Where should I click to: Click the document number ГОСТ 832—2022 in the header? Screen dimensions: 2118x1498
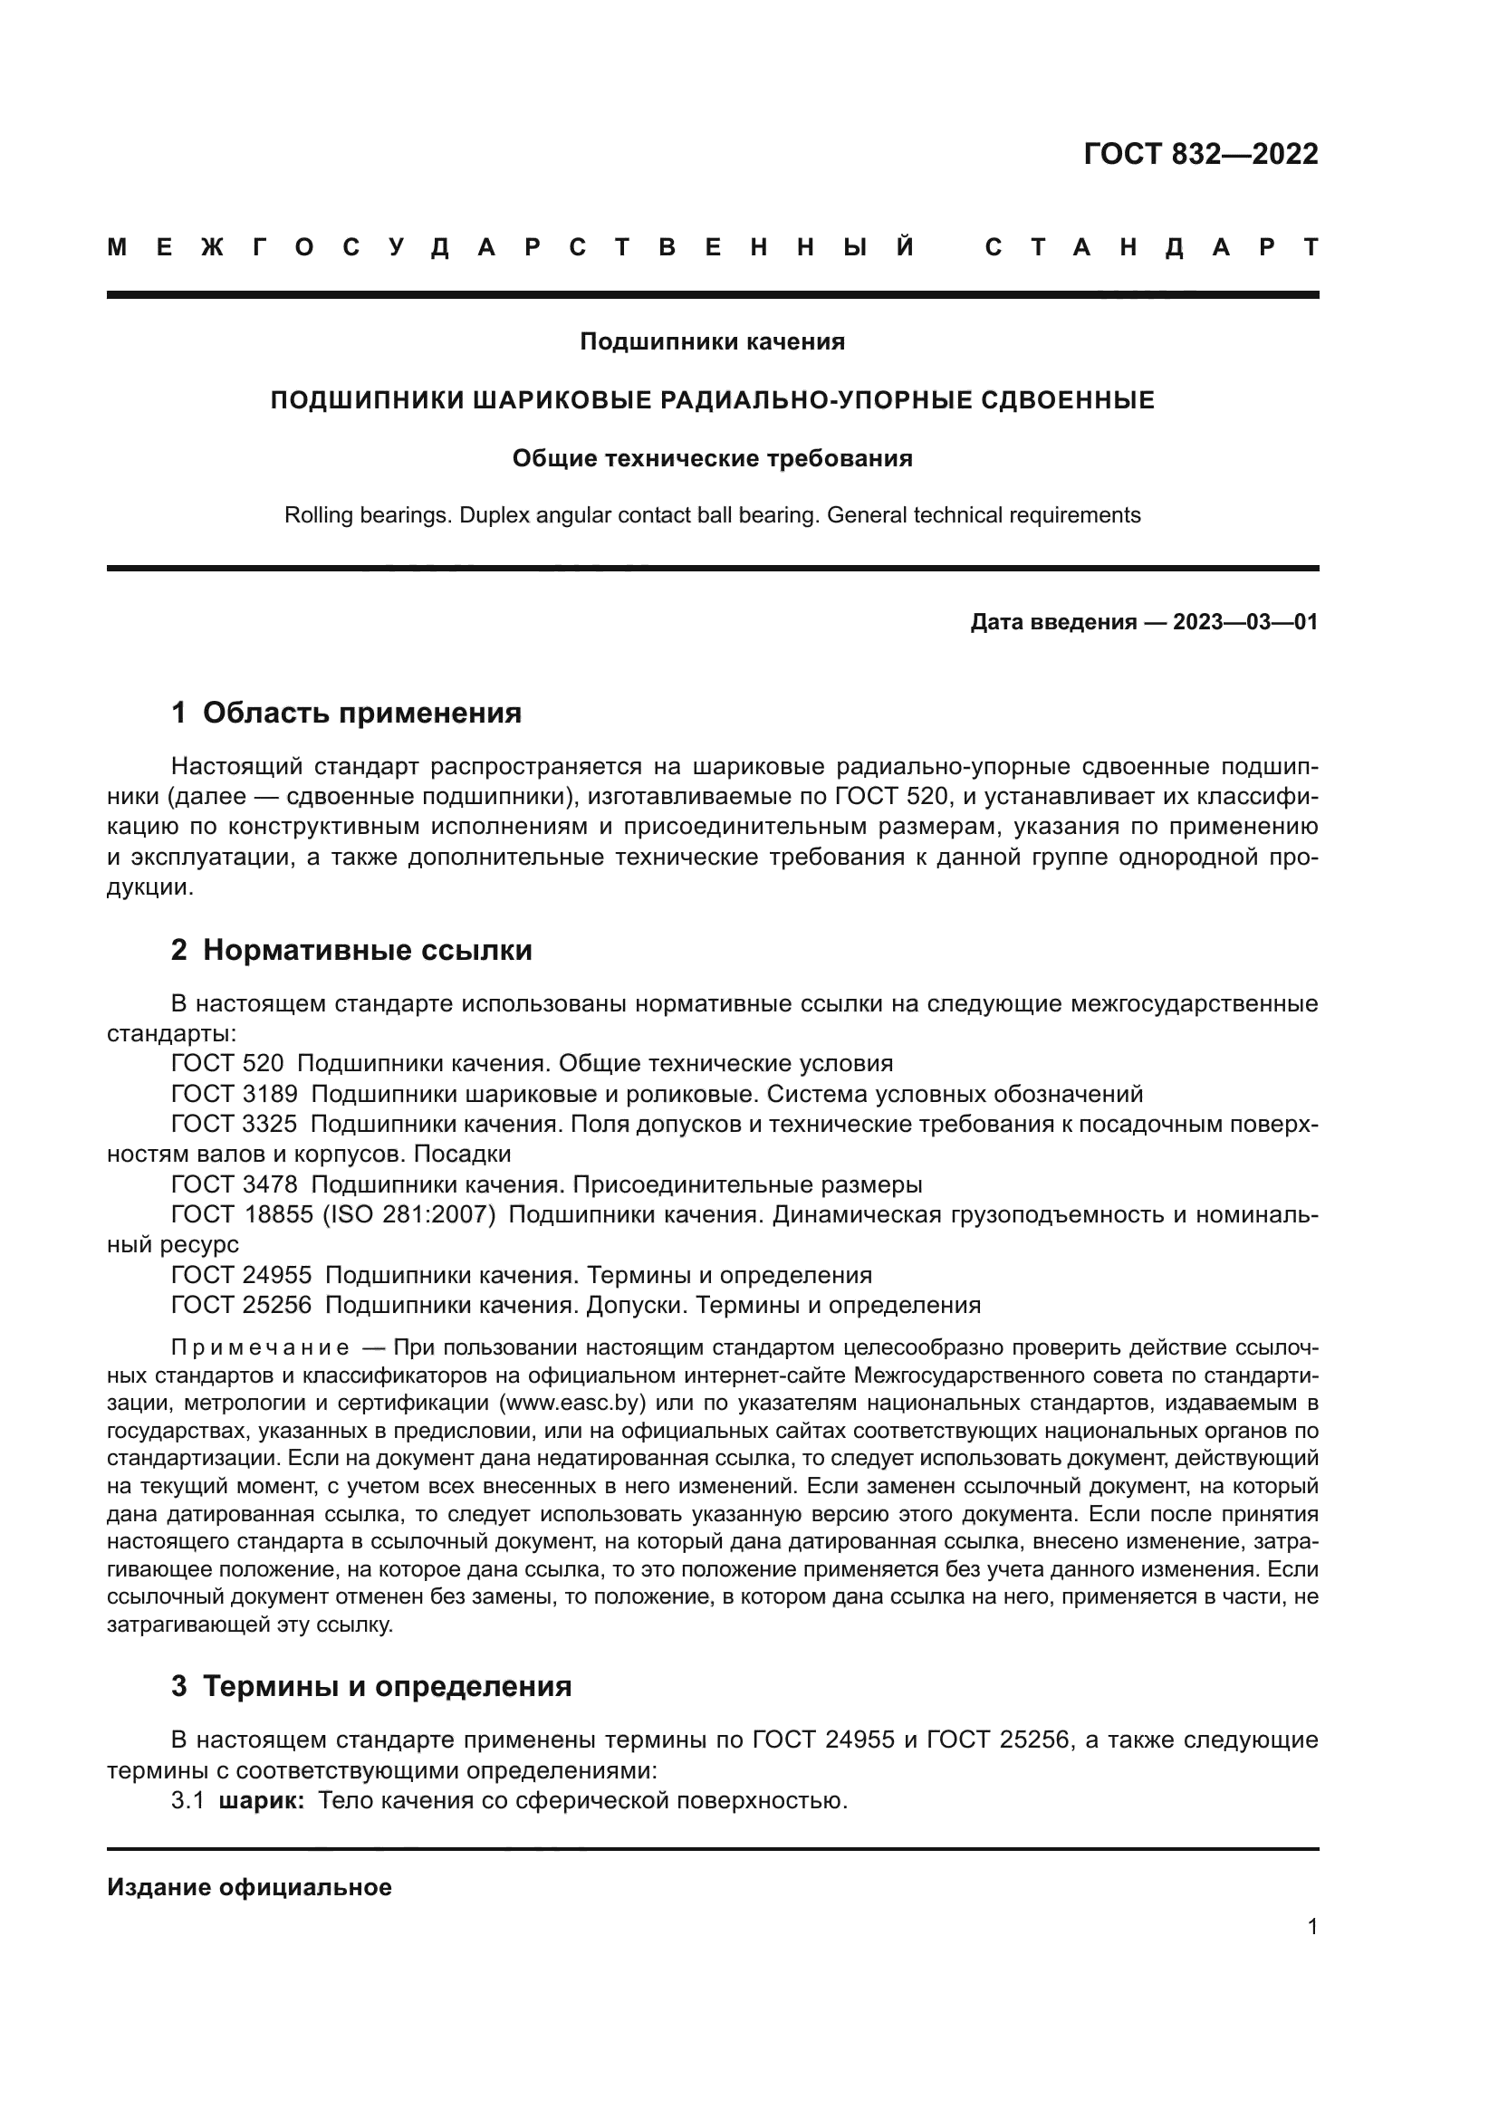[x=1200, y=154]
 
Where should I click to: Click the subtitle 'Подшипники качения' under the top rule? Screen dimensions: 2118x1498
[x=711, y=342]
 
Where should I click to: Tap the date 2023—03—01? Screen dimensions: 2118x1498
[x=1244, y=623]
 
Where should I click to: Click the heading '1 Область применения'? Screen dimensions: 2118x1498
[x=346, y=713]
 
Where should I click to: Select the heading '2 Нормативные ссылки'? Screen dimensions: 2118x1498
[x=351, y=950]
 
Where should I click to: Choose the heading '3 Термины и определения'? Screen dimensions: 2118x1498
[x=370, y=1686]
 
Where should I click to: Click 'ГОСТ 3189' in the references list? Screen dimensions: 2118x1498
[x=235, y=1094]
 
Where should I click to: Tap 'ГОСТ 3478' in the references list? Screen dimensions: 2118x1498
[x=235, y=1184]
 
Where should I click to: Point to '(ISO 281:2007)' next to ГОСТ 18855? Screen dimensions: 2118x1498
[x=408, y=1215]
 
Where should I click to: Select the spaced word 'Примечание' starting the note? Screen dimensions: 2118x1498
[x=259, y=1347]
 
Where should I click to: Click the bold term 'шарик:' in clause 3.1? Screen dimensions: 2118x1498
[x=261, y=1801]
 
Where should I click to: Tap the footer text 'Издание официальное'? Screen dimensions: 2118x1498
[x=249, y=1887]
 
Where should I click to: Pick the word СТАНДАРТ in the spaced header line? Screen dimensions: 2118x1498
[x=1151, y=247]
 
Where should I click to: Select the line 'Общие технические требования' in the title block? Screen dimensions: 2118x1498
[x=711, y=458]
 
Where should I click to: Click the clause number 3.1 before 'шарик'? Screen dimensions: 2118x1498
[x=187, y=1801]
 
